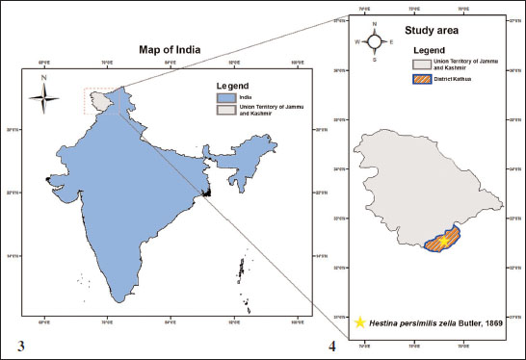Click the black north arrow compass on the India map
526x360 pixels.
point(42,93)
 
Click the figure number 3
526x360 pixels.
point(20,343)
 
